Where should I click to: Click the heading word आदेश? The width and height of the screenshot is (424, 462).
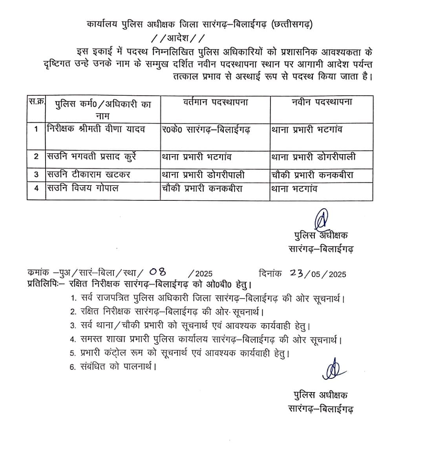click(x=177, y=39)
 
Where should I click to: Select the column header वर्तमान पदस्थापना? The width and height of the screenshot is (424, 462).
click(x=215, y=103)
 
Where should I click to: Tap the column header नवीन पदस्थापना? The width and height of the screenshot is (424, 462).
click(x=322, y=102)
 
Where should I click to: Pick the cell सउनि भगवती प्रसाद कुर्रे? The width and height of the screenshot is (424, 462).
click(x=91, y=156)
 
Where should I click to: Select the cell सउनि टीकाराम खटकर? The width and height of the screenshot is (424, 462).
click(x=89, y=174)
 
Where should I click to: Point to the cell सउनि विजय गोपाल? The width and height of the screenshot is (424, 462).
click(x=83, y=188)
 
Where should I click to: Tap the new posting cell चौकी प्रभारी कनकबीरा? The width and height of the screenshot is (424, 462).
click(x=312, y=175)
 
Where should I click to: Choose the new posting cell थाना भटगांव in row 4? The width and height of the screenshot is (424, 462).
click(x=294, y=189)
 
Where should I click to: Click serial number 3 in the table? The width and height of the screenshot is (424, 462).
click(x=36, y=175)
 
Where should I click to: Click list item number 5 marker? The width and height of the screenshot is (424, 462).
click(x=73, y=353)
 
